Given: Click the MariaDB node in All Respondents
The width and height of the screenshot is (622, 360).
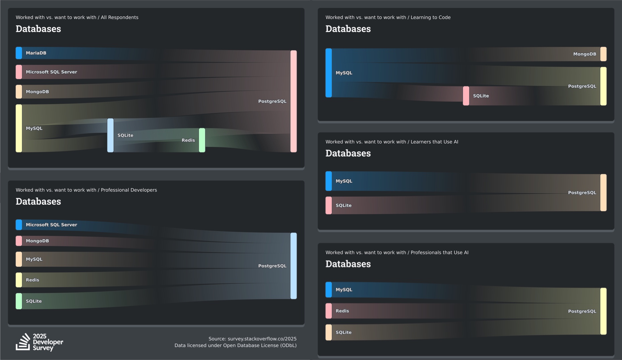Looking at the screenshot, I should (19, 53).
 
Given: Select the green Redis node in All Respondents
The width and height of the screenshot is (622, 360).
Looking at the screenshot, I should (202, 140).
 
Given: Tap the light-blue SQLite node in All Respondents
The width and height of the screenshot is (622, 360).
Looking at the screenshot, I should (110, 135).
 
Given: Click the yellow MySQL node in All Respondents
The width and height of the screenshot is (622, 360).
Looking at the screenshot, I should (19, 128).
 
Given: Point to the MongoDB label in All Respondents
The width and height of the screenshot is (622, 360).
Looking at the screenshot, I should (37, 92).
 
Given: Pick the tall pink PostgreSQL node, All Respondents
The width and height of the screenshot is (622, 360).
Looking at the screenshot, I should (293, 101).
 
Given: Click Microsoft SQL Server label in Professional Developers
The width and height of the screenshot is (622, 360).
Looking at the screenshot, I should (51, 225).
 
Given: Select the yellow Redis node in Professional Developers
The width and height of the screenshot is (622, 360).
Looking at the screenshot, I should (19, 280).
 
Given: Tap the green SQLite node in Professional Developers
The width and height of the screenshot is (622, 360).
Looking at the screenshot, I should (19, 301).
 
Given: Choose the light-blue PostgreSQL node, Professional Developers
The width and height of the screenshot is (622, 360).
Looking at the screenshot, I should (293, 266).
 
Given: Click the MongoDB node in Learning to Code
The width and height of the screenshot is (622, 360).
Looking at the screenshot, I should (603, 54).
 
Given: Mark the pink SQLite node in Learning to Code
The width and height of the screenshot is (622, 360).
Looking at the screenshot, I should (466, 96).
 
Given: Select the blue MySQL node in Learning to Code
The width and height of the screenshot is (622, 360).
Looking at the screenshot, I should (329, 73).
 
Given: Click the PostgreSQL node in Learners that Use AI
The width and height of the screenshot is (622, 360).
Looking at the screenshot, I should (603, 192).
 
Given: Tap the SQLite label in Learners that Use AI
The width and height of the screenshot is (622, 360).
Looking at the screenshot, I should (343, 205).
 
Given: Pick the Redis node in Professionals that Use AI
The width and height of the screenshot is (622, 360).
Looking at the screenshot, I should (329, 311).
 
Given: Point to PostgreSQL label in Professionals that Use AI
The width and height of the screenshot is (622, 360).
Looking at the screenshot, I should (582, 311).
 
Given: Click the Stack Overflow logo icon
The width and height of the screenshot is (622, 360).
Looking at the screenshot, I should (23, 342).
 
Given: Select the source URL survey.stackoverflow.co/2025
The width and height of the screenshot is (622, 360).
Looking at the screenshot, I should (262, 339).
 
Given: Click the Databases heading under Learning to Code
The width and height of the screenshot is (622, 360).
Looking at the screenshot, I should (348, 29).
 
